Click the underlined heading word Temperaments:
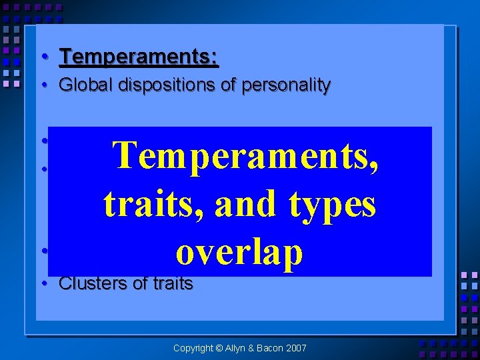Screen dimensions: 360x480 coord(139,57)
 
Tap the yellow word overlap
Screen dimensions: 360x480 coord(239,252)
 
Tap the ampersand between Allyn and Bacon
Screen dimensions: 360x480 coord(257,348)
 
